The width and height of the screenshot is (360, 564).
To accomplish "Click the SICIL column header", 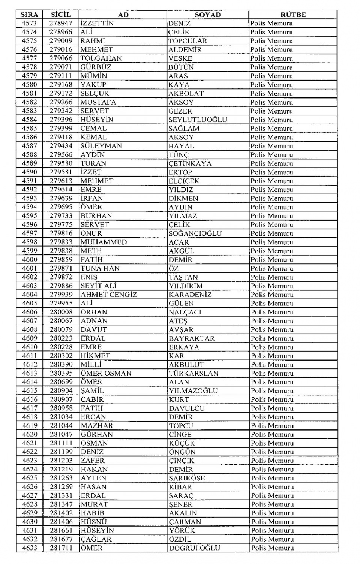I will pos(61,15).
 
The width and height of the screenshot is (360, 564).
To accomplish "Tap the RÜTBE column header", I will pos(293,15).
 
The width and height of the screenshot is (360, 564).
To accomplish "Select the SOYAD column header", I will pos(208,15).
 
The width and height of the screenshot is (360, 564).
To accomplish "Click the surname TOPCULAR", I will pos(187,41).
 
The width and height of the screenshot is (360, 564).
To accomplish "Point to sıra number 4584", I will pos(29,120).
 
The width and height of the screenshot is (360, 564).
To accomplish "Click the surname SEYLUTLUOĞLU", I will pos(198,120).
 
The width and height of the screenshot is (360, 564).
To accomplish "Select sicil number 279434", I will pos(61,146).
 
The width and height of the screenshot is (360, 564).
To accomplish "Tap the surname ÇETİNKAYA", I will pos(190,163).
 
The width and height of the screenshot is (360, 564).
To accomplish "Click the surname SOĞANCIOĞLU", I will pos(195,233).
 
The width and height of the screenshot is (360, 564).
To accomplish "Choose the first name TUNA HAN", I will pos(100,268).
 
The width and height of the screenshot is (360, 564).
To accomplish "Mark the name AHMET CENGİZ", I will pos(109,295).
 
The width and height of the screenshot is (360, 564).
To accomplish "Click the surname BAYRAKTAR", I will pos(192,338).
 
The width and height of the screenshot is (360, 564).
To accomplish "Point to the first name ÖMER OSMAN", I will pos(106,373).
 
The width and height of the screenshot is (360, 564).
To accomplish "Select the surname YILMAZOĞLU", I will pos(193,390).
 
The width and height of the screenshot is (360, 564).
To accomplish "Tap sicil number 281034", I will pos(61,417).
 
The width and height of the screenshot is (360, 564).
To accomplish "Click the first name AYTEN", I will pos(94,478).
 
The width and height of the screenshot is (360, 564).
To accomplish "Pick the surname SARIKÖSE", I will pos(187,478).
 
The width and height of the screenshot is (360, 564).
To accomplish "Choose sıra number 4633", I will pos(30,548).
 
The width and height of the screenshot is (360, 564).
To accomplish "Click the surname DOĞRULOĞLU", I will pos(194,548).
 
